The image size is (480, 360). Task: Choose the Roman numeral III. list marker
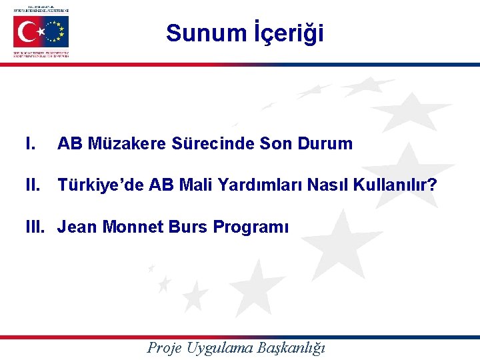(x=36, y=227)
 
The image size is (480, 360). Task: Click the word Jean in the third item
(x=77, y=227)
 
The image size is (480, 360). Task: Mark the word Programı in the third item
(x=251, y=227)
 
